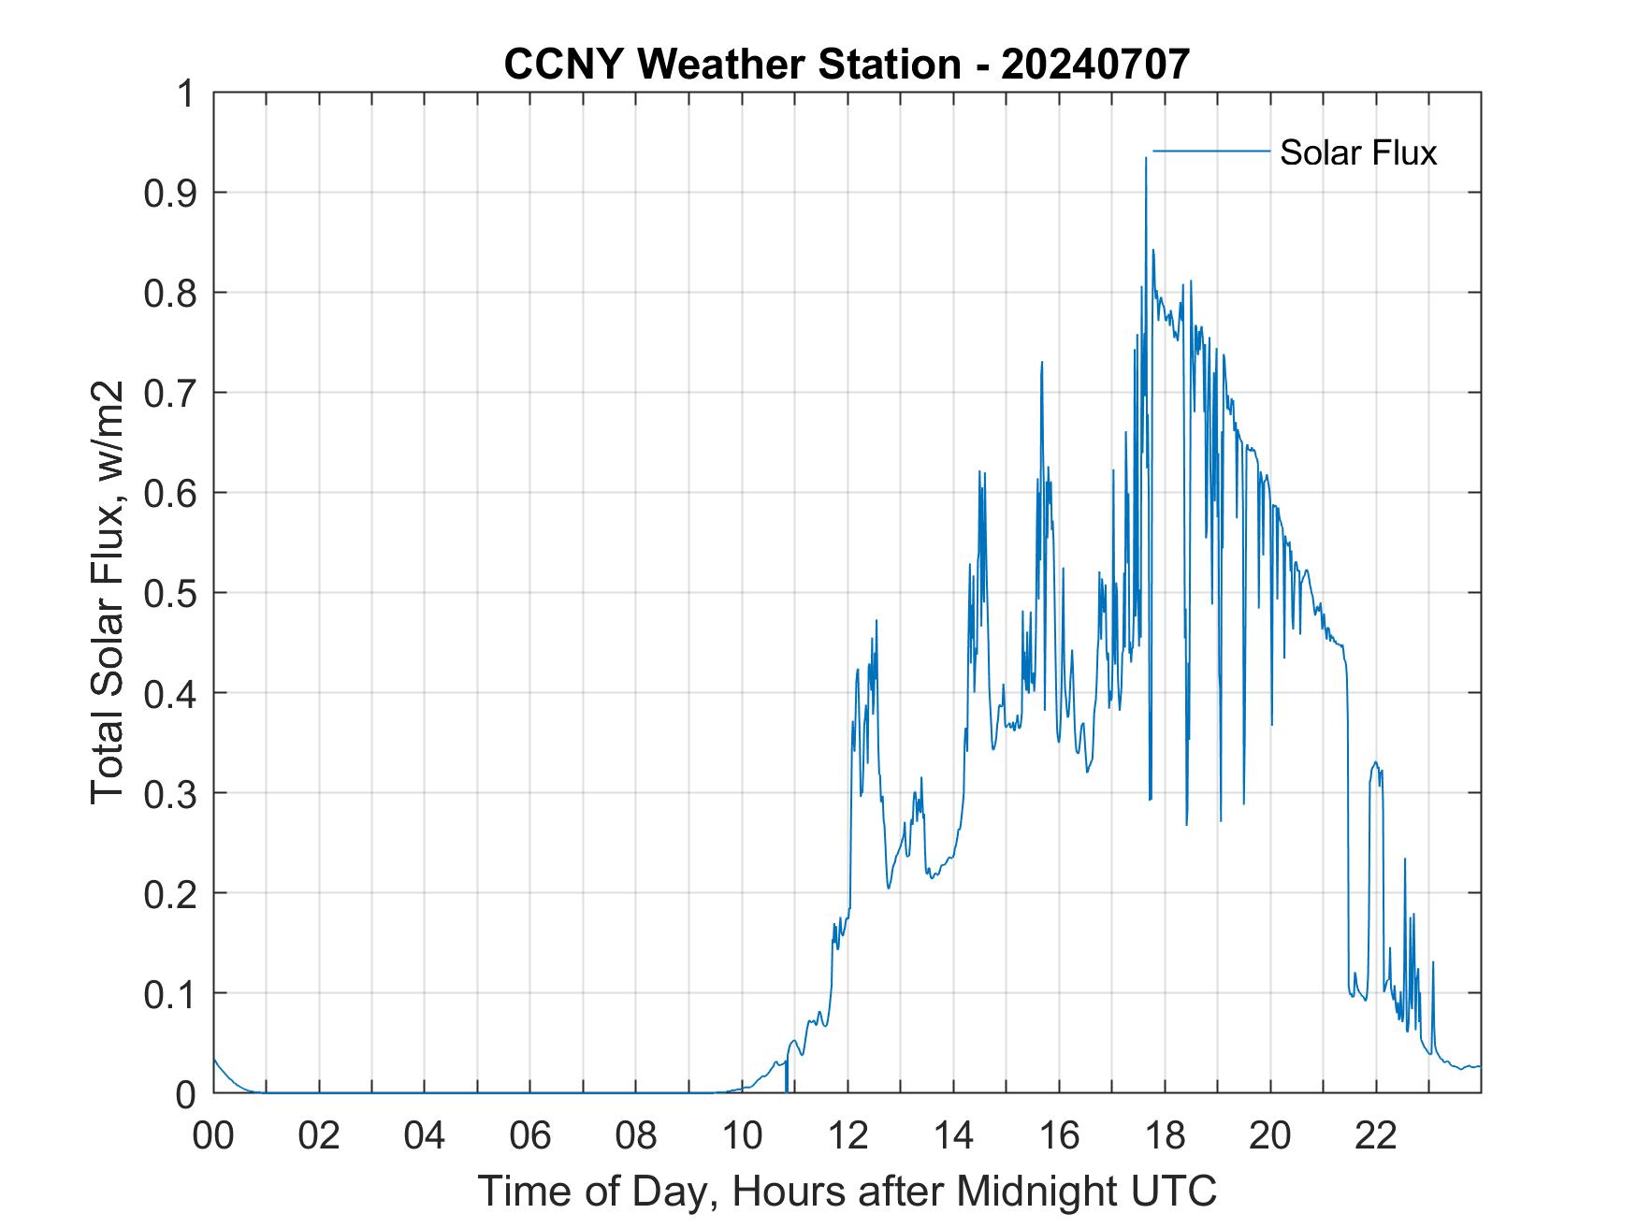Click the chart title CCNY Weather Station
click(x=732, y=65)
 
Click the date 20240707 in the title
click(x=1095, y=65)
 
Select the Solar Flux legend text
click(x=1357, y=152)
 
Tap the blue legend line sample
click(x=1210, y=151)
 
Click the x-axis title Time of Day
click(x=847, y=1192)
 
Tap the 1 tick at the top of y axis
click(x=188, y=94)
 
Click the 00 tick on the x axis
click(x=213, y=1136)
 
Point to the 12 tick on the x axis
click(x=848, y=1136)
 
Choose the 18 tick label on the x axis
click(x=1166, y=1136)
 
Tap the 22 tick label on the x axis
click(x=1377, y=1136)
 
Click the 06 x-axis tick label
click(x=530, y=1136)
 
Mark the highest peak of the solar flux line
click(x=1146, y=159)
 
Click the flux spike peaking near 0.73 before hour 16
click(x=1041, y=363)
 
